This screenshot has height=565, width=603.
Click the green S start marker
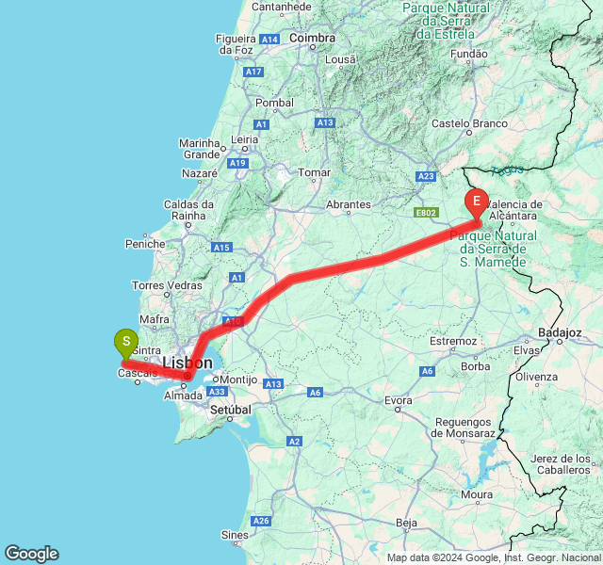coord(125,342)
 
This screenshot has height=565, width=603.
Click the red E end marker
coord(477,202)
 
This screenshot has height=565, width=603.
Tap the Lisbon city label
coord(187,363)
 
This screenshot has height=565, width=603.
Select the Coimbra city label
coord(313,38)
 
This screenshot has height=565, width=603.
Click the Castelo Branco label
coord(470,123)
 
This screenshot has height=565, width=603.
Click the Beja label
coord(407,522)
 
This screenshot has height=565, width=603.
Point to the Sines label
coord(235,535)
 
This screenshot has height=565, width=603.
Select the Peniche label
coord(145,243)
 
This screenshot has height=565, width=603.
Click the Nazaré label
coord(200,173)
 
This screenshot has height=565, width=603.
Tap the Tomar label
coord(314,172)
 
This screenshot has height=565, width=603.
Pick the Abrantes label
coord(349,204)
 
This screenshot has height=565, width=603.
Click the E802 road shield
coord(426,213)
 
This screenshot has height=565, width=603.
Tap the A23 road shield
coord(427,176)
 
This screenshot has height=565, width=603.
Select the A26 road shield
coord(261,521)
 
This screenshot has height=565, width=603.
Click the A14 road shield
coord(270,39)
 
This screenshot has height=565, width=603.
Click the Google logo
coord(31,554)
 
